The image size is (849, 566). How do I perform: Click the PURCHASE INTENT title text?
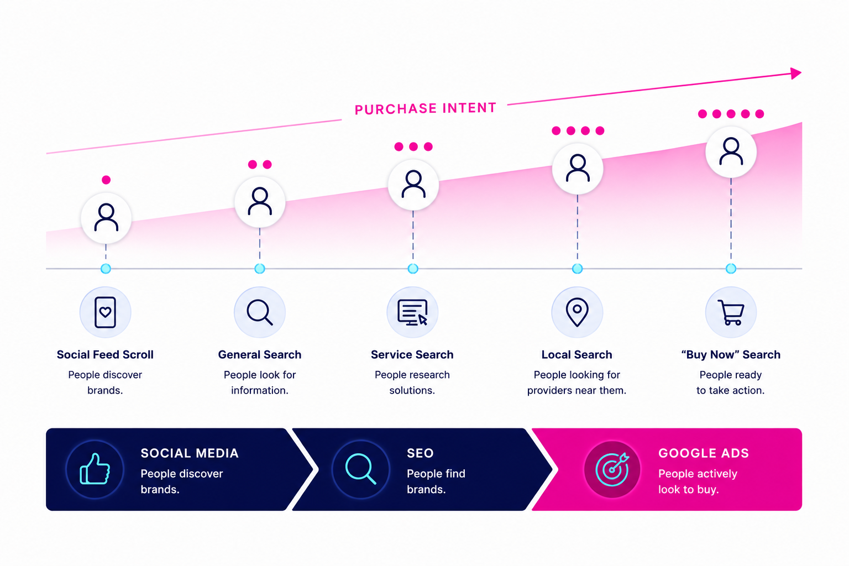point(425,108)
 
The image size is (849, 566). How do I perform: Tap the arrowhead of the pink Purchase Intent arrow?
point(796,73)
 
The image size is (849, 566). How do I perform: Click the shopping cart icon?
point(731,312)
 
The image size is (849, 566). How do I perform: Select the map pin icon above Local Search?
point(577,312)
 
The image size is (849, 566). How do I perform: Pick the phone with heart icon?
point(105,312)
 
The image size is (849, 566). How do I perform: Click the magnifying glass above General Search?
point(260,312)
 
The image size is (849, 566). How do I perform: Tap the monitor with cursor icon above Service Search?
point(412,312)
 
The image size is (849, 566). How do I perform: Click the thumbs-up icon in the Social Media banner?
point(95,469)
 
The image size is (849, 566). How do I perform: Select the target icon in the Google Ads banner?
point(612,469)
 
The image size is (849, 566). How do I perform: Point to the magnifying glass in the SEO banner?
point(360,469)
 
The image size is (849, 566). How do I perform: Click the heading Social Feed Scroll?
point(105,354)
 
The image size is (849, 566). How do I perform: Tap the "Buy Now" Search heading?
point(731,354)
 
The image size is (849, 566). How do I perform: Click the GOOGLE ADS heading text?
point(704,453)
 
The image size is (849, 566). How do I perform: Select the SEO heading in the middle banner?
point(420,453)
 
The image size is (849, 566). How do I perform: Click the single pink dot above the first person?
point(106,180)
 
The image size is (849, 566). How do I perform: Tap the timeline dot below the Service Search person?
point(413,269)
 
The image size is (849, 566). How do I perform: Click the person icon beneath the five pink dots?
point(731,151)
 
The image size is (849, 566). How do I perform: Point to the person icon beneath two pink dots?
point(260,201)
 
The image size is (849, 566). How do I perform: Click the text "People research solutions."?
point(412,382)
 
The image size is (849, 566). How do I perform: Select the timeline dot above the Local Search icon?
point(577,269)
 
